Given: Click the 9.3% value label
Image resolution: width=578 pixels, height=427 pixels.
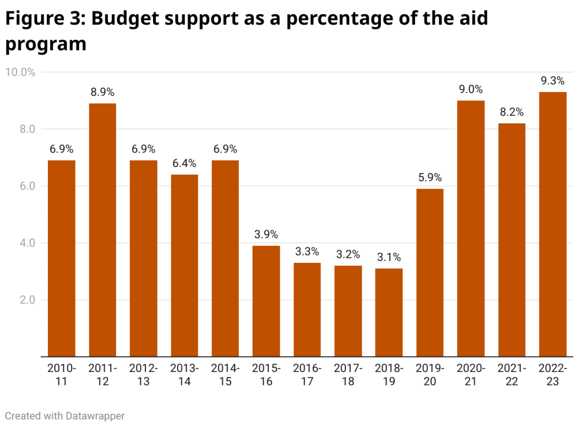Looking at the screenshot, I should tap(552, 81).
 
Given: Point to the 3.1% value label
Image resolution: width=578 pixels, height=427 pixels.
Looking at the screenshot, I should tap(389, 257).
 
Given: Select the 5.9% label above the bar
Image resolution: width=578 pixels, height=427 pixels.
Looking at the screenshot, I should tap(429, 178).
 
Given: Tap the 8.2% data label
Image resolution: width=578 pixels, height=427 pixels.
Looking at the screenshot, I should tap(511, 112).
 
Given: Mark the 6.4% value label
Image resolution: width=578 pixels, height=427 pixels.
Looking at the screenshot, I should tap(184, 164).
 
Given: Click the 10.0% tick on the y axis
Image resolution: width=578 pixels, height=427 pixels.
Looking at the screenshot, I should tap(20, 72).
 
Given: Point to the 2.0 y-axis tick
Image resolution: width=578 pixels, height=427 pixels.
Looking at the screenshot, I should tap(28, 300).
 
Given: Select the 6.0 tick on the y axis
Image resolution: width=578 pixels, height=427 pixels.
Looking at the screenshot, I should tap(28, 186).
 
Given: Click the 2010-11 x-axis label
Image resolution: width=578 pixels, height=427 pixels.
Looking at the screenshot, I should tap(62, 374).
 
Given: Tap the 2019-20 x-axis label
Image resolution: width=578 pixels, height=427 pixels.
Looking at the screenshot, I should tap(429, 374).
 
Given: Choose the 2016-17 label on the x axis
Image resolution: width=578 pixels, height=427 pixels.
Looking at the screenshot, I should tap(307, 374).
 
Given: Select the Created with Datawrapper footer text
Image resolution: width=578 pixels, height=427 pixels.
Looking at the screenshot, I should tap(65, 415).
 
